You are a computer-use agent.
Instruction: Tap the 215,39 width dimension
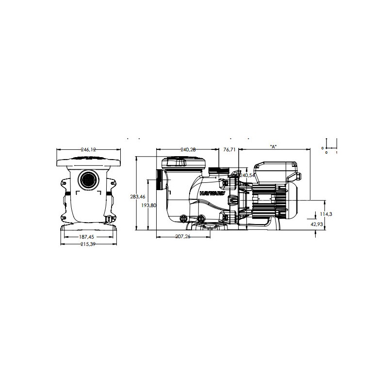pos(87,244)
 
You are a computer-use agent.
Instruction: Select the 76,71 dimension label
pos(229,150)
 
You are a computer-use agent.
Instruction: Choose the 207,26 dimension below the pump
pos(183,236)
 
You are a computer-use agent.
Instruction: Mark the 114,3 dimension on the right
pos(327,214)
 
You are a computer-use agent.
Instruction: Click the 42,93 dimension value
pos(324,224)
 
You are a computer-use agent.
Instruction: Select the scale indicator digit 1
pos(336,152)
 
